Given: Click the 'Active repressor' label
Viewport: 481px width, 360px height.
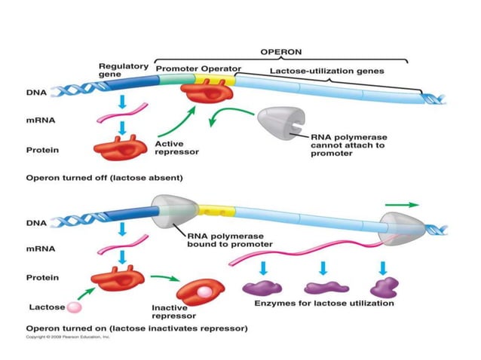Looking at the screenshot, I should pyautogui.click(x=177, y=147).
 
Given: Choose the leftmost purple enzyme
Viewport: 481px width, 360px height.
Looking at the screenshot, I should pyautogui.click(x=261, y=288).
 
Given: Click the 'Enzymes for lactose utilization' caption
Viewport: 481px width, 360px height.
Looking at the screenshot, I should pyautogui.click(x=323, y=304).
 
